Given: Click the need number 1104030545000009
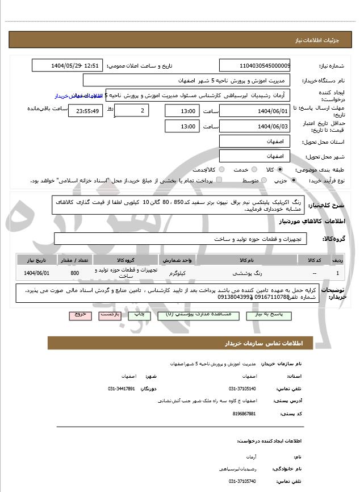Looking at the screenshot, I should (254, 66).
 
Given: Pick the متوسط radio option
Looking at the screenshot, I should (265, 180).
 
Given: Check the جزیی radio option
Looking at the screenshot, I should (294, 180).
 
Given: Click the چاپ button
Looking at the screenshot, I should (145, 314).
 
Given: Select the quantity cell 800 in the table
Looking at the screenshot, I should (74, 273).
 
